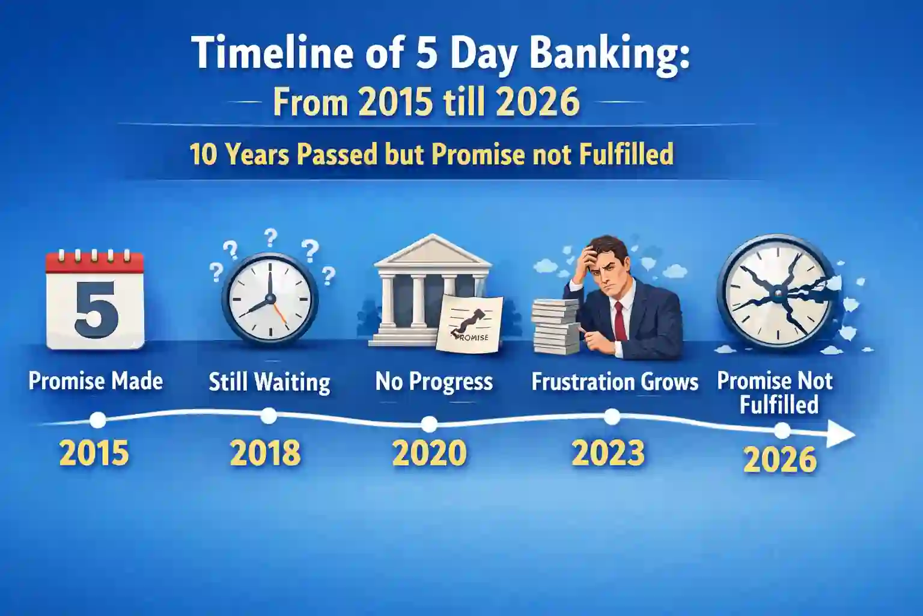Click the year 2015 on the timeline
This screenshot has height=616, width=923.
(x=94, y=453)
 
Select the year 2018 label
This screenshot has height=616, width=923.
(x=265, y=453)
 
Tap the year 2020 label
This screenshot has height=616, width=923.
(x=429, y=453)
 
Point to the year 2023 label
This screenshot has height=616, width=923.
(x=608, y=453)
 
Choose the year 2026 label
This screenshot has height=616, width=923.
(x=780, y=460)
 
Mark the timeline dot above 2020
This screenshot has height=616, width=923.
(x=429, y=424)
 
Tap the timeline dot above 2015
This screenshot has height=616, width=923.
(x=97, y=419)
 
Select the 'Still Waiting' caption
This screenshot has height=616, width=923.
(x=269, y=382)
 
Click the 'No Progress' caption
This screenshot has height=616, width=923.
(x=434, y=382)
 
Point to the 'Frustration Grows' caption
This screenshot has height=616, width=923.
(x=615, y=382)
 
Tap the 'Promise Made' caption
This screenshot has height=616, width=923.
(x=96, y=381)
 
